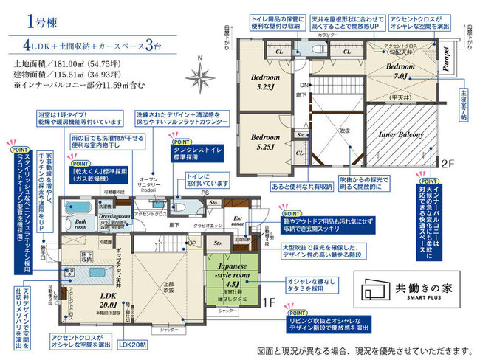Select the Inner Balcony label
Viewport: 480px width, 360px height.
pos(400,136)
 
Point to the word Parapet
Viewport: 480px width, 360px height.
pos(446,58)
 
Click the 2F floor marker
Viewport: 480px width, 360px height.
pos(448,162)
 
